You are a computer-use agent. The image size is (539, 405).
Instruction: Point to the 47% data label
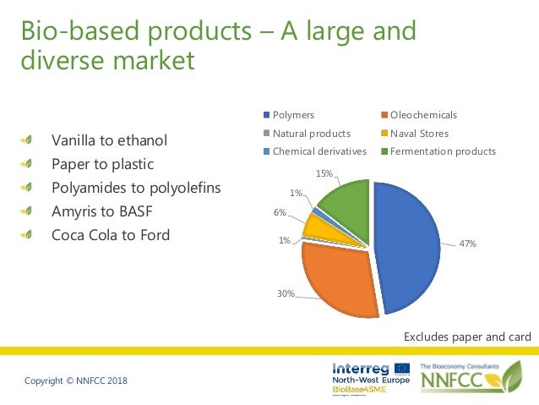tap(467, 244)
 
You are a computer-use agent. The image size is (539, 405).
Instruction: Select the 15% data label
tap(324, 173)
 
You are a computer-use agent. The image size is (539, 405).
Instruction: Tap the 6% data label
tap(280, 212)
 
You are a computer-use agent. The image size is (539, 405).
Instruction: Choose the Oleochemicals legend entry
tap(423, 115)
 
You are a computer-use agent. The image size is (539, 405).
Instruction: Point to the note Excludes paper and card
tap(467, 337)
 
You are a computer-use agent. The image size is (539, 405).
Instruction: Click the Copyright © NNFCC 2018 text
tap(76, 382)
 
